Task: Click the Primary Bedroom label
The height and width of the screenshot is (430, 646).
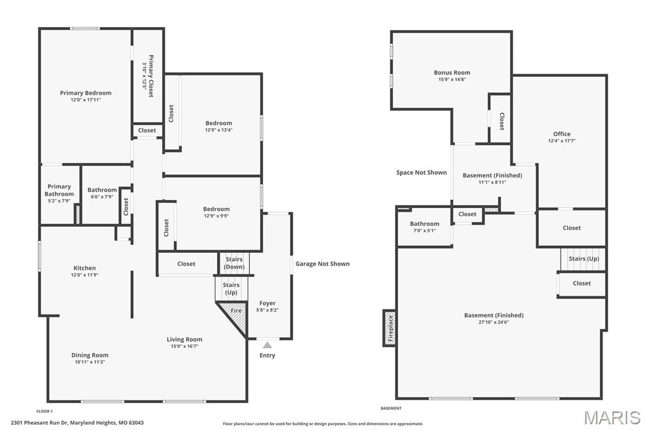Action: (x=86, y=93)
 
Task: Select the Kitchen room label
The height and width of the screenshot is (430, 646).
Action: (x=85, y=268)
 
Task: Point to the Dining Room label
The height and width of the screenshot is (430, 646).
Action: (x=90, y=355)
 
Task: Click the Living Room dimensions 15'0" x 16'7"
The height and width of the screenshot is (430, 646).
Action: (x=184, y=346)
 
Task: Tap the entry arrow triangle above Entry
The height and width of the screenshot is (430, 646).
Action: (x=267, y=345)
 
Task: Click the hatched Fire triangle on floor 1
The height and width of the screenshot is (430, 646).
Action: (x=235, y=311)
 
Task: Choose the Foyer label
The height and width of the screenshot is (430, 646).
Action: (x=267, y=303)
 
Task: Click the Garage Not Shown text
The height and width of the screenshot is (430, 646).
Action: (x=322, y=264)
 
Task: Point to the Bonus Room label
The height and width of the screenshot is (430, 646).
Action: (x=452, y=73)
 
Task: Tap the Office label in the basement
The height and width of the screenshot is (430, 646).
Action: (x=561, y=134)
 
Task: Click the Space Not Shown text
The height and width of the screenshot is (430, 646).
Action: (x=421, y=172)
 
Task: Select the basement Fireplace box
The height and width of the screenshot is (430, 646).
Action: (x=390, y=328)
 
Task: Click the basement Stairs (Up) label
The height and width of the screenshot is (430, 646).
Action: (x=584, y=259)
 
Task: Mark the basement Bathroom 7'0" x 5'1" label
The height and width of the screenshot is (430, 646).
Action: (x=424, y=227)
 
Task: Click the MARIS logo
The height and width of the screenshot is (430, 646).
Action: (x=611, y=417)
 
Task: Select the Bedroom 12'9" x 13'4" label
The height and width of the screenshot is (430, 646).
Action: (x=218, y=126)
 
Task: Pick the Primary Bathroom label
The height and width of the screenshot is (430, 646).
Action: (x=59, y=190)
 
